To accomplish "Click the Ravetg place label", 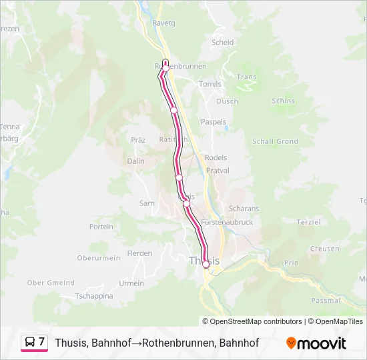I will click(163, 22).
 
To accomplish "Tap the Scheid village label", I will click(222, 43).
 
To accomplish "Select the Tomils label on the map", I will click(210, 84).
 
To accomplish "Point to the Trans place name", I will click(246, 77).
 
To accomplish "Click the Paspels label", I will click(214, 122).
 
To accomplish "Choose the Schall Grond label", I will click(275, 141).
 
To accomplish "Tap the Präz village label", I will click(138, 140).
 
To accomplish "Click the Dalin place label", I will click(135, 161).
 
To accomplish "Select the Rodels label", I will click(216, 158).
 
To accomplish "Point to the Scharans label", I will click(243, 209).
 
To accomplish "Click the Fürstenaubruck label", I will click(227, 222).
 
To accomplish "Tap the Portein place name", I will click(101, 227).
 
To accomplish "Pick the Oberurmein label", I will click(99, 258).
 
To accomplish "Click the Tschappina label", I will click(94, 295).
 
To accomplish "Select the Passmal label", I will click(326, 301).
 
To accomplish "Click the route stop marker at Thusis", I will click(206, 265).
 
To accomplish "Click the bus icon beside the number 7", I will click(30, 343).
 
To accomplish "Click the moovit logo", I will click(316, 343).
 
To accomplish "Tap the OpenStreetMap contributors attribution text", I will click(256, 321).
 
